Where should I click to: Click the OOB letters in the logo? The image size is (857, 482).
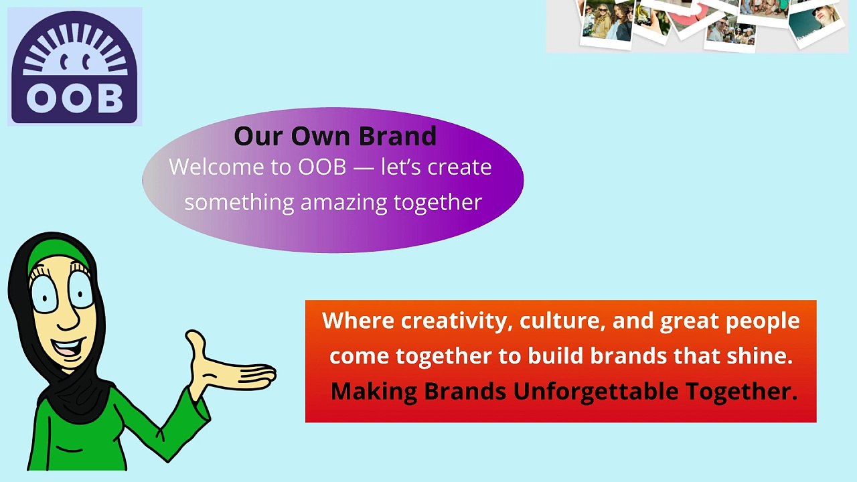(x=75, y=98)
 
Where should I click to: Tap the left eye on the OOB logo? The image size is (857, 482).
(x=64, y=63)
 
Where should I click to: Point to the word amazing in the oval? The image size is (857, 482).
(x=343, y=203)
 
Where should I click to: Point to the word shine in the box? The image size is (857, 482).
(x=759, y=355)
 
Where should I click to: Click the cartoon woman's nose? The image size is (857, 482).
(x=69, y=317)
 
